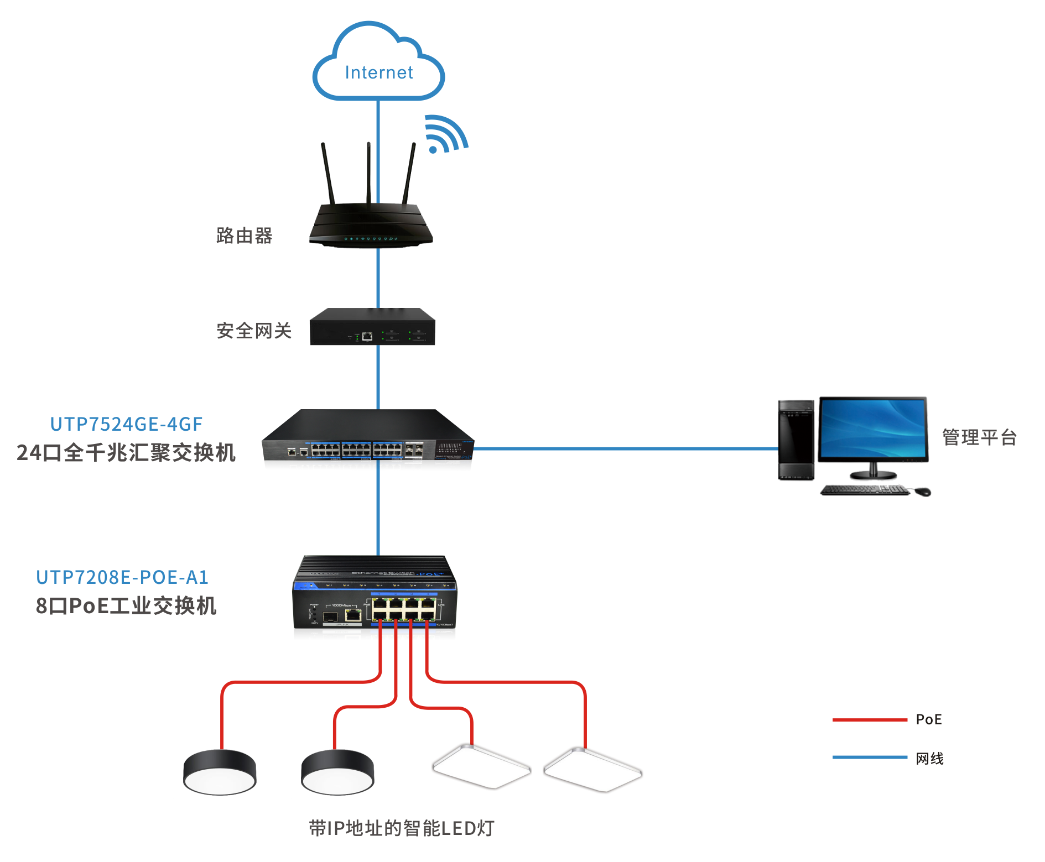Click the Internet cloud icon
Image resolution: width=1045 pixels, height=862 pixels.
378,64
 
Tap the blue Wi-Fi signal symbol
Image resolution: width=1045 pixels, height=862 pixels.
445,134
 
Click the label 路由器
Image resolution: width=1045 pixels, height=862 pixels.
244,236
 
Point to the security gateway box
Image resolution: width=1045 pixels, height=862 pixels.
372,327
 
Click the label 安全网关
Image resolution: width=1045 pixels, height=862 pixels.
254,331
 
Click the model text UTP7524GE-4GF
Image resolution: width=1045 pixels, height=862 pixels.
126,424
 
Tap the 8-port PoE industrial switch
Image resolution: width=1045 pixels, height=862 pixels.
375,594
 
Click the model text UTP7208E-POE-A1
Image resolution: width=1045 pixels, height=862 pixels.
122,577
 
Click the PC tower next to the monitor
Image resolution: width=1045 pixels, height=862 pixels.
796,440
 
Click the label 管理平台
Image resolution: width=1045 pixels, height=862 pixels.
979,437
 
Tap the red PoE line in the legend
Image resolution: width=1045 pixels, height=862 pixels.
870,720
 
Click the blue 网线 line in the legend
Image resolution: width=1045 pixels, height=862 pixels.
870,757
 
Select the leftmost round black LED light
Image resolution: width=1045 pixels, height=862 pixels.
220,772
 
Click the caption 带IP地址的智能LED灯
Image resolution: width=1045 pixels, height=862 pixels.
402,828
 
